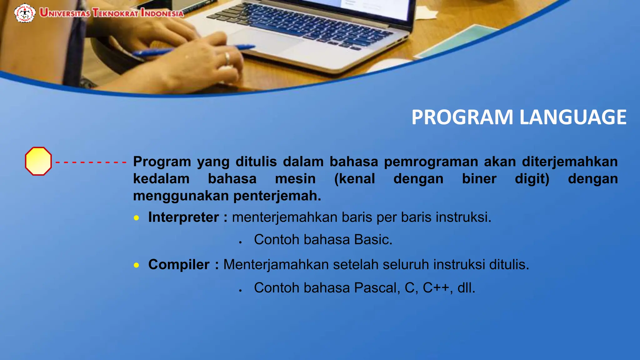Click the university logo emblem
pyautogui.click(x=25, y=13)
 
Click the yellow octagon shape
pyautogui.click(x=38, y=161)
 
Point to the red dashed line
pyautogui.click(x=91, y=162)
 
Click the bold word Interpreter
pyautogui.click(x=183, y=217)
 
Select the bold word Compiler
pyautogui.click(x=179, y=265)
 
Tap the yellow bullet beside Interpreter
pyautogui.click(x=136, y=218)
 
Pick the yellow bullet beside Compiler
pyautogui.click(x=136, y=265)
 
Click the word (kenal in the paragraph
pyautogui.click(x=354, y=179)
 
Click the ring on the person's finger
pyautogui.click(x=227, y=58)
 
